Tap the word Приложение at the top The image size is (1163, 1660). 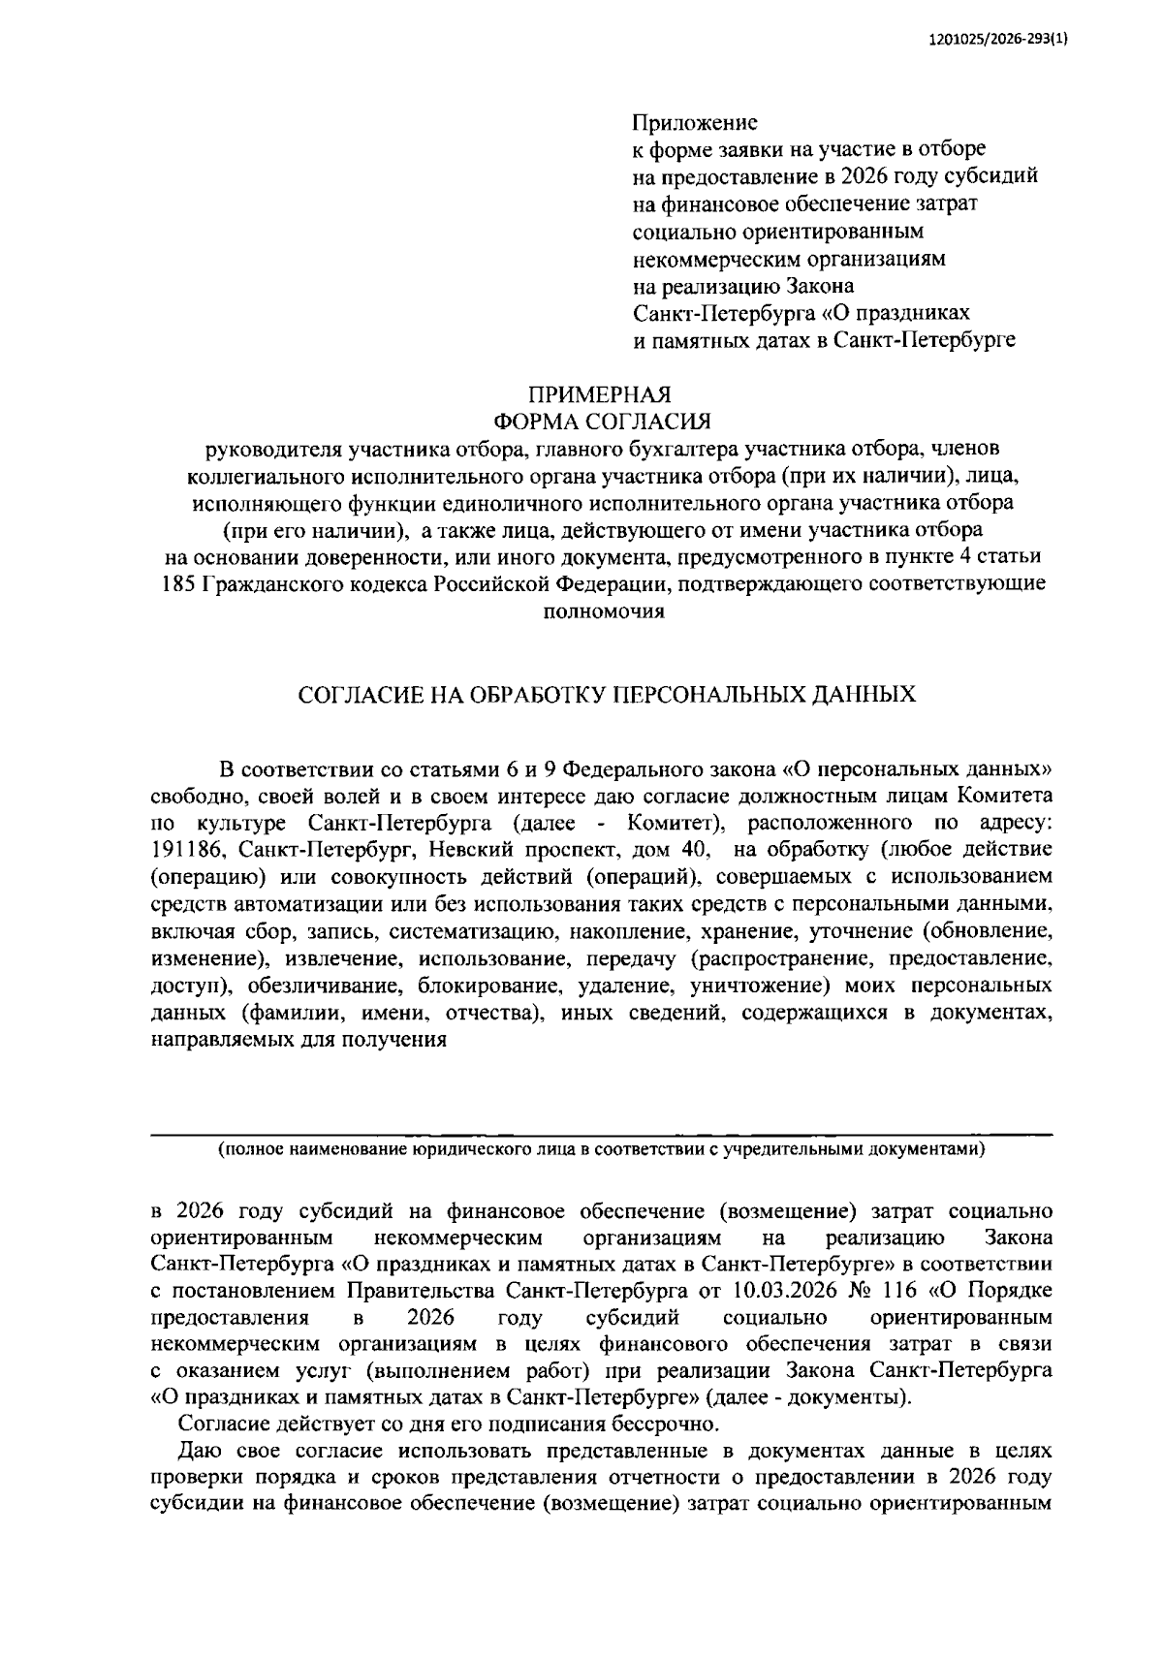click(x=694, y=123)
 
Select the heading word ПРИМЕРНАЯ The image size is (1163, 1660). click(x=599, y=394)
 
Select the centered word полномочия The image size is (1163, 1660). click(x=601, y=611)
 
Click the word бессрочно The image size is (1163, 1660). click(x=667, y=1424)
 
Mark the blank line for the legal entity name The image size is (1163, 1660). click(x=601, y=1129)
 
